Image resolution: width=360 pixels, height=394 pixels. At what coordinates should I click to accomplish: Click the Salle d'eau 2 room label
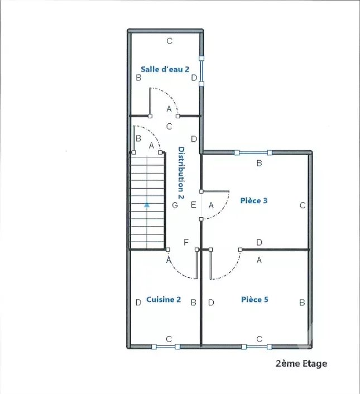click(165, 69)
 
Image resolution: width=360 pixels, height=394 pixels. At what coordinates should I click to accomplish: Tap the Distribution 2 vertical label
click(181, 173)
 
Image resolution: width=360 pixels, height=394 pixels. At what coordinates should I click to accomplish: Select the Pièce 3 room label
click(254, 200)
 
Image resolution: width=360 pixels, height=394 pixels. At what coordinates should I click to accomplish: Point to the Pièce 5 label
click(255, 300)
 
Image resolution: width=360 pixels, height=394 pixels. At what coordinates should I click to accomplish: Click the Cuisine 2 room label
click(164, 300)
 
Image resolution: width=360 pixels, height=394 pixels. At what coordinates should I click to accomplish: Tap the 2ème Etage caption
click(301, 364)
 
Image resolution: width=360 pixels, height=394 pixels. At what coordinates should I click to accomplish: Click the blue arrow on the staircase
click(147, 205)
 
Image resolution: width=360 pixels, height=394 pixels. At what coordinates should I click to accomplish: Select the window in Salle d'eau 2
click(201, 71)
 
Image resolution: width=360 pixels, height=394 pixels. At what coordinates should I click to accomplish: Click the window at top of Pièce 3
click(253, 152)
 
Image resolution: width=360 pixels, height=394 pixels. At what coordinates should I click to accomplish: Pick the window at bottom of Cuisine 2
click(166, 347)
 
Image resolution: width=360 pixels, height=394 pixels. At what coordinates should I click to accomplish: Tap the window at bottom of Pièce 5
click(257, 347)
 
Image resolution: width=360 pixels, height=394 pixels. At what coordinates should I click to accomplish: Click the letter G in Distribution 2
click(175, 205)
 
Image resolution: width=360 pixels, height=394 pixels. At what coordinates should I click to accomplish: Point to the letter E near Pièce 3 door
click(193, 205)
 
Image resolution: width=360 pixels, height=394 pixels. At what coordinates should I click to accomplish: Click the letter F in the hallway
click(186, 242)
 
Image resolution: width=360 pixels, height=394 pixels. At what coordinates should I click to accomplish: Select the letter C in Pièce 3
click(303, 205)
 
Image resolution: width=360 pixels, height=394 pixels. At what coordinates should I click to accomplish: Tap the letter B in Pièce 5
click(302, 302)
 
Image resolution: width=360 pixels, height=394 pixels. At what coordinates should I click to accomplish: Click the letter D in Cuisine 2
click(138, 302)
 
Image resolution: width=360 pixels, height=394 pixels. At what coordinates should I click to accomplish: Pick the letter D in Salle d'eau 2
click(194, 78)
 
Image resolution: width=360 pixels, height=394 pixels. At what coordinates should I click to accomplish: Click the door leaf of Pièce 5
click(210, 265)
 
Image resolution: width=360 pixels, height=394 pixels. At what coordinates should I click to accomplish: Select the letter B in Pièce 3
click(260, 164)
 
